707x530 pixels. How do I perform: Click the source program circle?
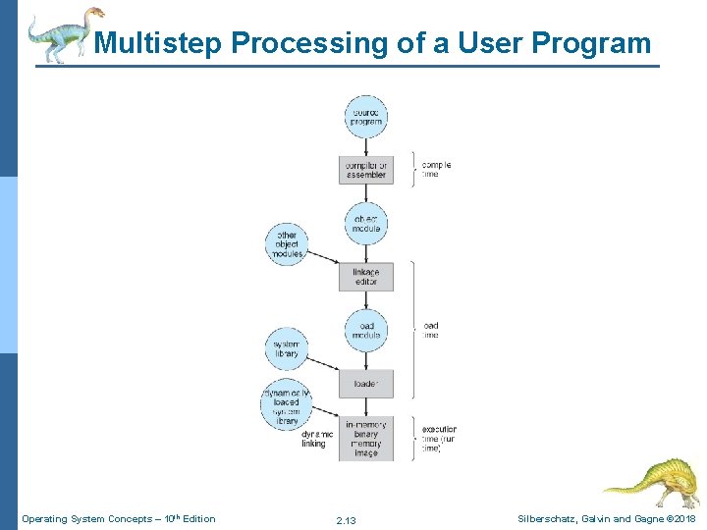coord(365,117)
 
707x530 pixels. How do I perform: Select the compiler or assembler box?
coord(365,170)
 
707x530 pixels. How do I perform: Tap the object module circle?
coord(365,224)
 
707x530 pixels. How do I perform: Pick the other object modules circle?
coord(287,241)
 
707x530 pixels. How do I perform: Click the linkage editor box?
coord(365,277)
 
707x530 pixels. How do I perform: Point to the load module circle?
coord(365,330)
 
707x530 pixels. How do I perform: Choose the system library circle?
coord(287,348)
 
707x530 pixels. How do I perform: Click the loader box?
coord(365,384)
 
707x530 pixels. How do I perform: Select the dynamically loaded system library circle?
coord(287,402)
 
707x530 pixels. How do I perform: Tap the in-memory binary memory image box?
coord(365,438)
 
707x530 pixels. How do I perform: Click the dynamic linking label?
coord(317,439)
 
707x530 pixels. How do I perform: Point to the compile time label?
coord(436,169)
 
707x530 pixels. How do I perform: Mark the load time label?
coord(430,330)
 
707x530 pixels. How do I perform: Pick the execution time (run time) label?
coord(439,438)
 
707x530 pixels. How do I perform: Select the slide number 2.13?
coord(346,519)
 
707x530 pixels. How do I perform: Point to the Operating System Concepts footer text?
coord(118,518)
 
